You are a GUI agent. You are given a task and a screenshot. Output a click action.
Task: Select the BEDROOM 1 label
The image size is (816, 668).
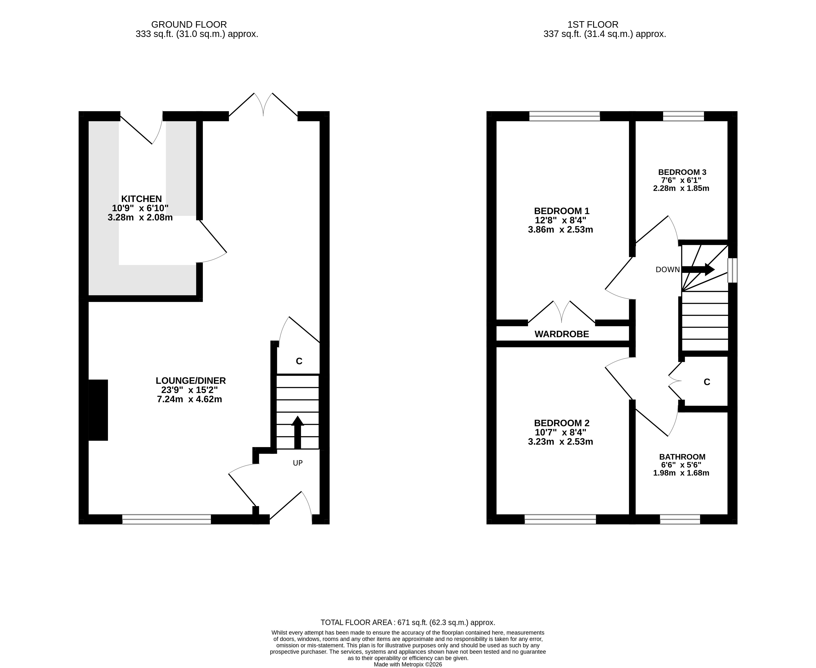(562, 211)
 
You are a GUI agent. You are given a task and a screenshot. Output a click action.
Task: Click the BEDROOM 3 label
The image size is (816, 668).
(682, 172)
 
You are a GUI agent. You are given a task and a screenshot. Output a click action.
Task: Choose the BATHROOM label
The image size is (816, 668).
(682, 457)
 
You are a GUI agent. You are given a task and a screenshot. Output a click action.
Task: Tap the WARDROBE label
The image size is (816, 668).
(562, 334)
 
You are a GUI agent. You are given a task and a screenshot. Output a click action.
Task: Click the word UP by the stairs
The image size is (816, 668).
(298, 463)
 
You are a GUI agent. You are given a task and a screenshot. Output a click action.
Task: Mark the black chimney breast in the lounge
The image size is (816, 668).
(98, 410)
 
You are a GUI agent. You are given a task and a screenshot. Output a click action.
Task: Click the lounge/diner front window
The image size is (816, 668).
(166, 519)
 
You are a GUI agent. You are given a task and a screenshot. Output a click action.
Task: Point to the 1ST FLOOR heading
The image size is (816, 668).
(593, 25)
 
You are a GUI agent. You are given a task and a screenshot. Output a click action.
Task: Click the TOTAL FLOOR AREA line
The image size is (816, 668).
(408, 622)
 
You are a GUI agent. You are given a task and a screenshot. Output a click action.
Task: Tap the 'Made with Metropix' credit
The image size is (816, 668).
(408, 664)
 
